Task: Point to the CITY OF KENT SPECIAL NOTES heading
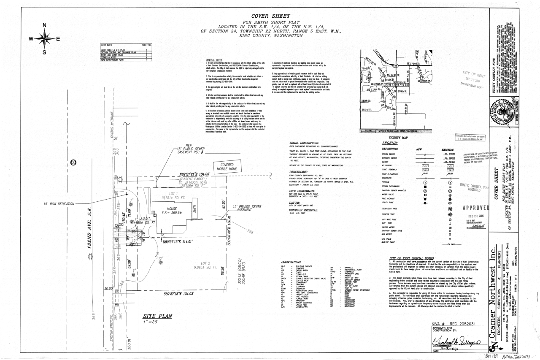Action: pos(411,257)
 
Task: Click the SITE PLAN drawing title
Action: pos(156,315)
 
